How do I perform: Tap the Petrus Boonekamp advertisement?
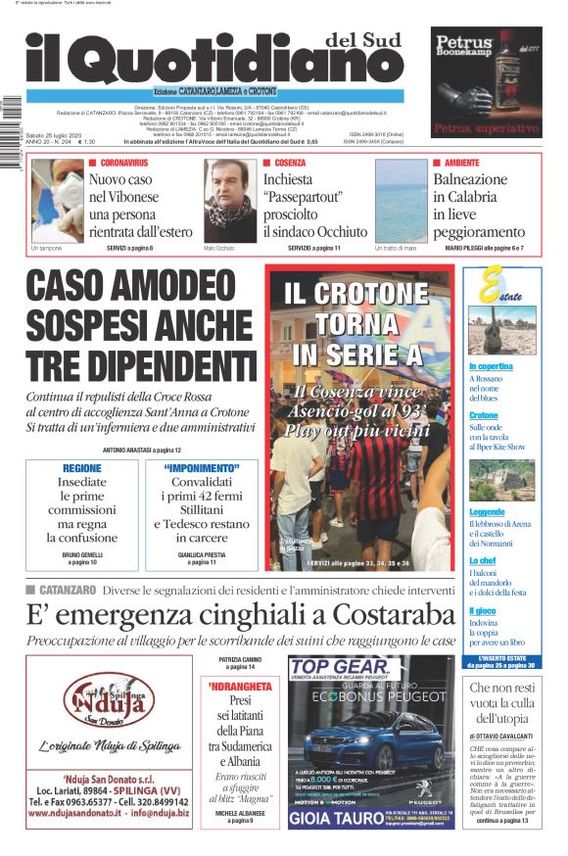pos(486,83)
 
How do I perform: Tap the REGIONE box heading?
pos(81,468)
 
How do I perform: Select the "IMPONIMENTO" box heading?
pos(202,468)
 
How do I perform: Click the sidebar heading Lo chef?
pos(481,560)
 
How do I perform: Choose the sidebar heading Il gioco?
pos(482,610)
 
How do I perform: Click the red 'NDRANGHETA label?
pos(238,688)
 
